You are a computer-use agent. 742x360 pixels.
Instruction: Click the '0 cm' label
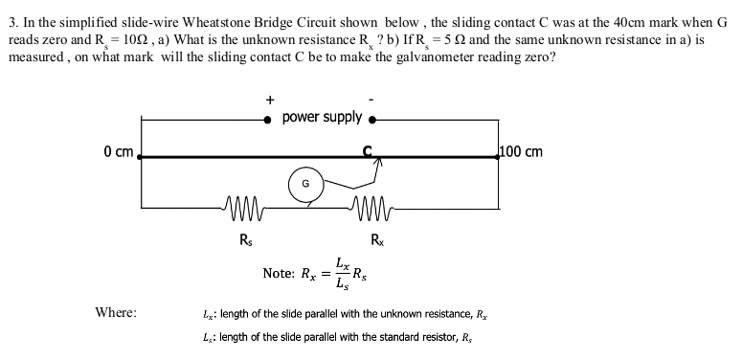click(x=119, y=151)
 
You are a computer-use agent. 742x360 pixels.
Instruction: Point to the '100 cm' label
click(x=522, y=151)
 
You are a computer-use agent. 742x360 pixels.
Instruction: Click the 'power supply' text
click(x=323, y=118)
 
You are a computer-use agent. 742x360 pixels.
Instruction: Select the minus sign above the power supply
click(x=371, y=99)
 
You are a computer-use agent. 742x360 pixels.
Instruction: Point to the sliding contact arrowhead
click(x=378, y=165)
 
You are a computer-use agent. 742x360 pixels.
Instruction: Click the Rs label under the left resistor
click(x=246, y=239)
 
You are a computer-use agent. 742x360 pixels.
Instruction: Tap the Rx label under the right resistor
click(x=379, y=239)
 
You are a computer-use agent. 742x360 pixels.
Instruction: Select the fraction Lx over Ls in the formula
click(x=342, y=273)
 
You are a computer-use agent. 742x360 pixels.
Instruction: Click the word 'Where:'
click(x=116, y=312)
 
